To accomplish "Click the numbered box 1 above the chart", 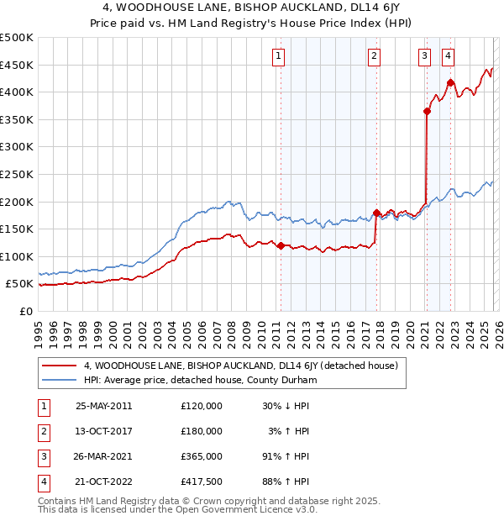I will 278,56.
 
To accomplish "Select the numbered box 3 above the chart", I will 425,56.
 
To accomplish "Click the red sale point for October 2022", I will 450,82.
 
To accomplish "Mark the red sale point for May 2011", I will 281,245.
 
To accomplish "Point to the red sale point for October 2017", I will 375,213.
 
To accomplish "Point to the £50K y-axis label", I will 20,284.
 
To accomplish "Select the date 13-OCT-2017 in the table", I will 104,430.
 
